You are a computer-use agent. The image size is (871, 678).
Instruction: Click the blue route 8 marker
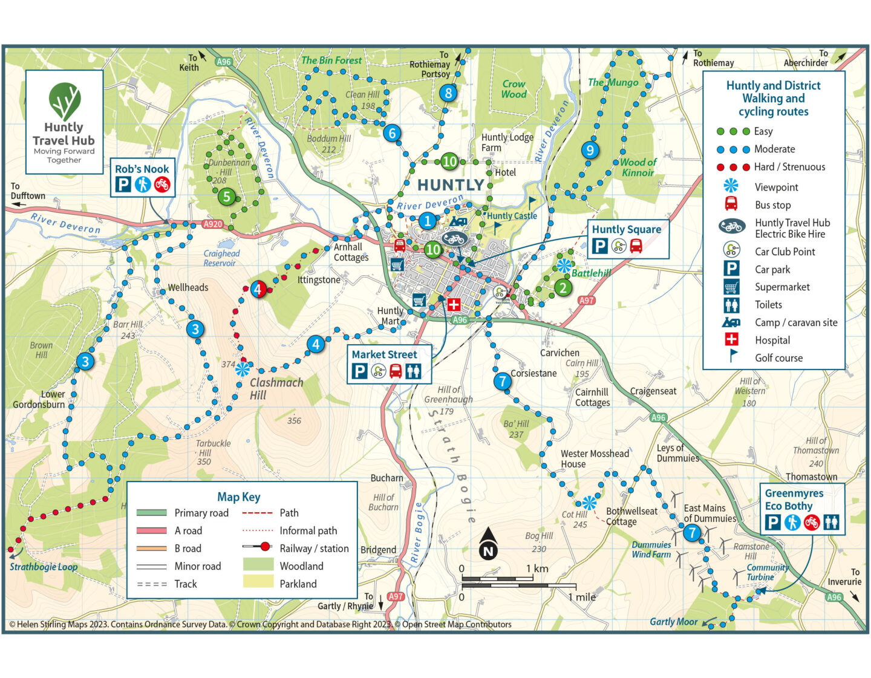click(448, 93)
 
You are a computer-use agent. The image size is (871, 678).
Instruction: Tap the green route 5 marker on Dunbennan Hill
click(227, 196)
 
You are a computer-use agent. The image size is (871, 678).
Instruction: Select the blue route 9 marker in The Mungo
click(590, 150)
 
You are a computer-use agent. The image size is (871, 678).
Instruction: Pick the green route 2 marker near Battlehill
click(563, 287)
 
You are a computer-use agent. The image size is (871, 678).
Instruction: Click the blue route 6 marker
click(392, 133)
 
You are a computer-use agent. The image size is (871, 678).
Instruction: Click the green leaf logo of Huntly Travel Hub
click(64, 102)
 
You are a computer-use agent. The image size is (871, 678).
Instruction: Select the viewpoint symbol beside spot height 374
click(243, 368)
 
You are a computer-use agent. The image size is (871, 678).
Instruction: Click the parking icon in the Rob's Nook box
click(123, 184)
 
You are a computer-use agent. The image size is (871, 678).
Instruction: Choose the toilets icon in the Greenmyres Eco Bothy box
click(831, 522)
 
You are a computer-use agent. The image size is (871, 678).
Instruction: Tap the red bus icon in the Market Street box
click(396, 371)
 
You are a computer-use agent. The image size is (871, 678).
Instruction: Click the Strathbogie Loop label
click(44, 567)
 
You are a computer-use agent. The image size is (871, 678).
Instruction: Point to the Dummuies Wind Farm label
click(651, 549)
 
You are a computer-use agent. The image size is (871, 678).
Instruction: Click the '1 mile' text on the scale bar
click(581, 597)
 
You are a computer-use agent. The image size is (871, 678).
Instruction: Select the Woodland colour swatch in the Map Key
click(258, 566)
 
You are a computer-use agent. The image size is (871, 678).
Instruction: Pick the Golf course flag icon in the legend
click(732, 357)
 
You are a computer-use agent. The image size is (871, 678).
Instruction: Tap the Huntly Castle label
click(512, 216)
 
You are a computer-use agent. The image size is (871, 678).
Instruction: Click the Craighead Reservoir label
click(221, 258)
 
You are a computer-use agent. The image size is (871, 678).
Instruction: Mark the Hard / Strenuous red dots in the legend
click(732, 167)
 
